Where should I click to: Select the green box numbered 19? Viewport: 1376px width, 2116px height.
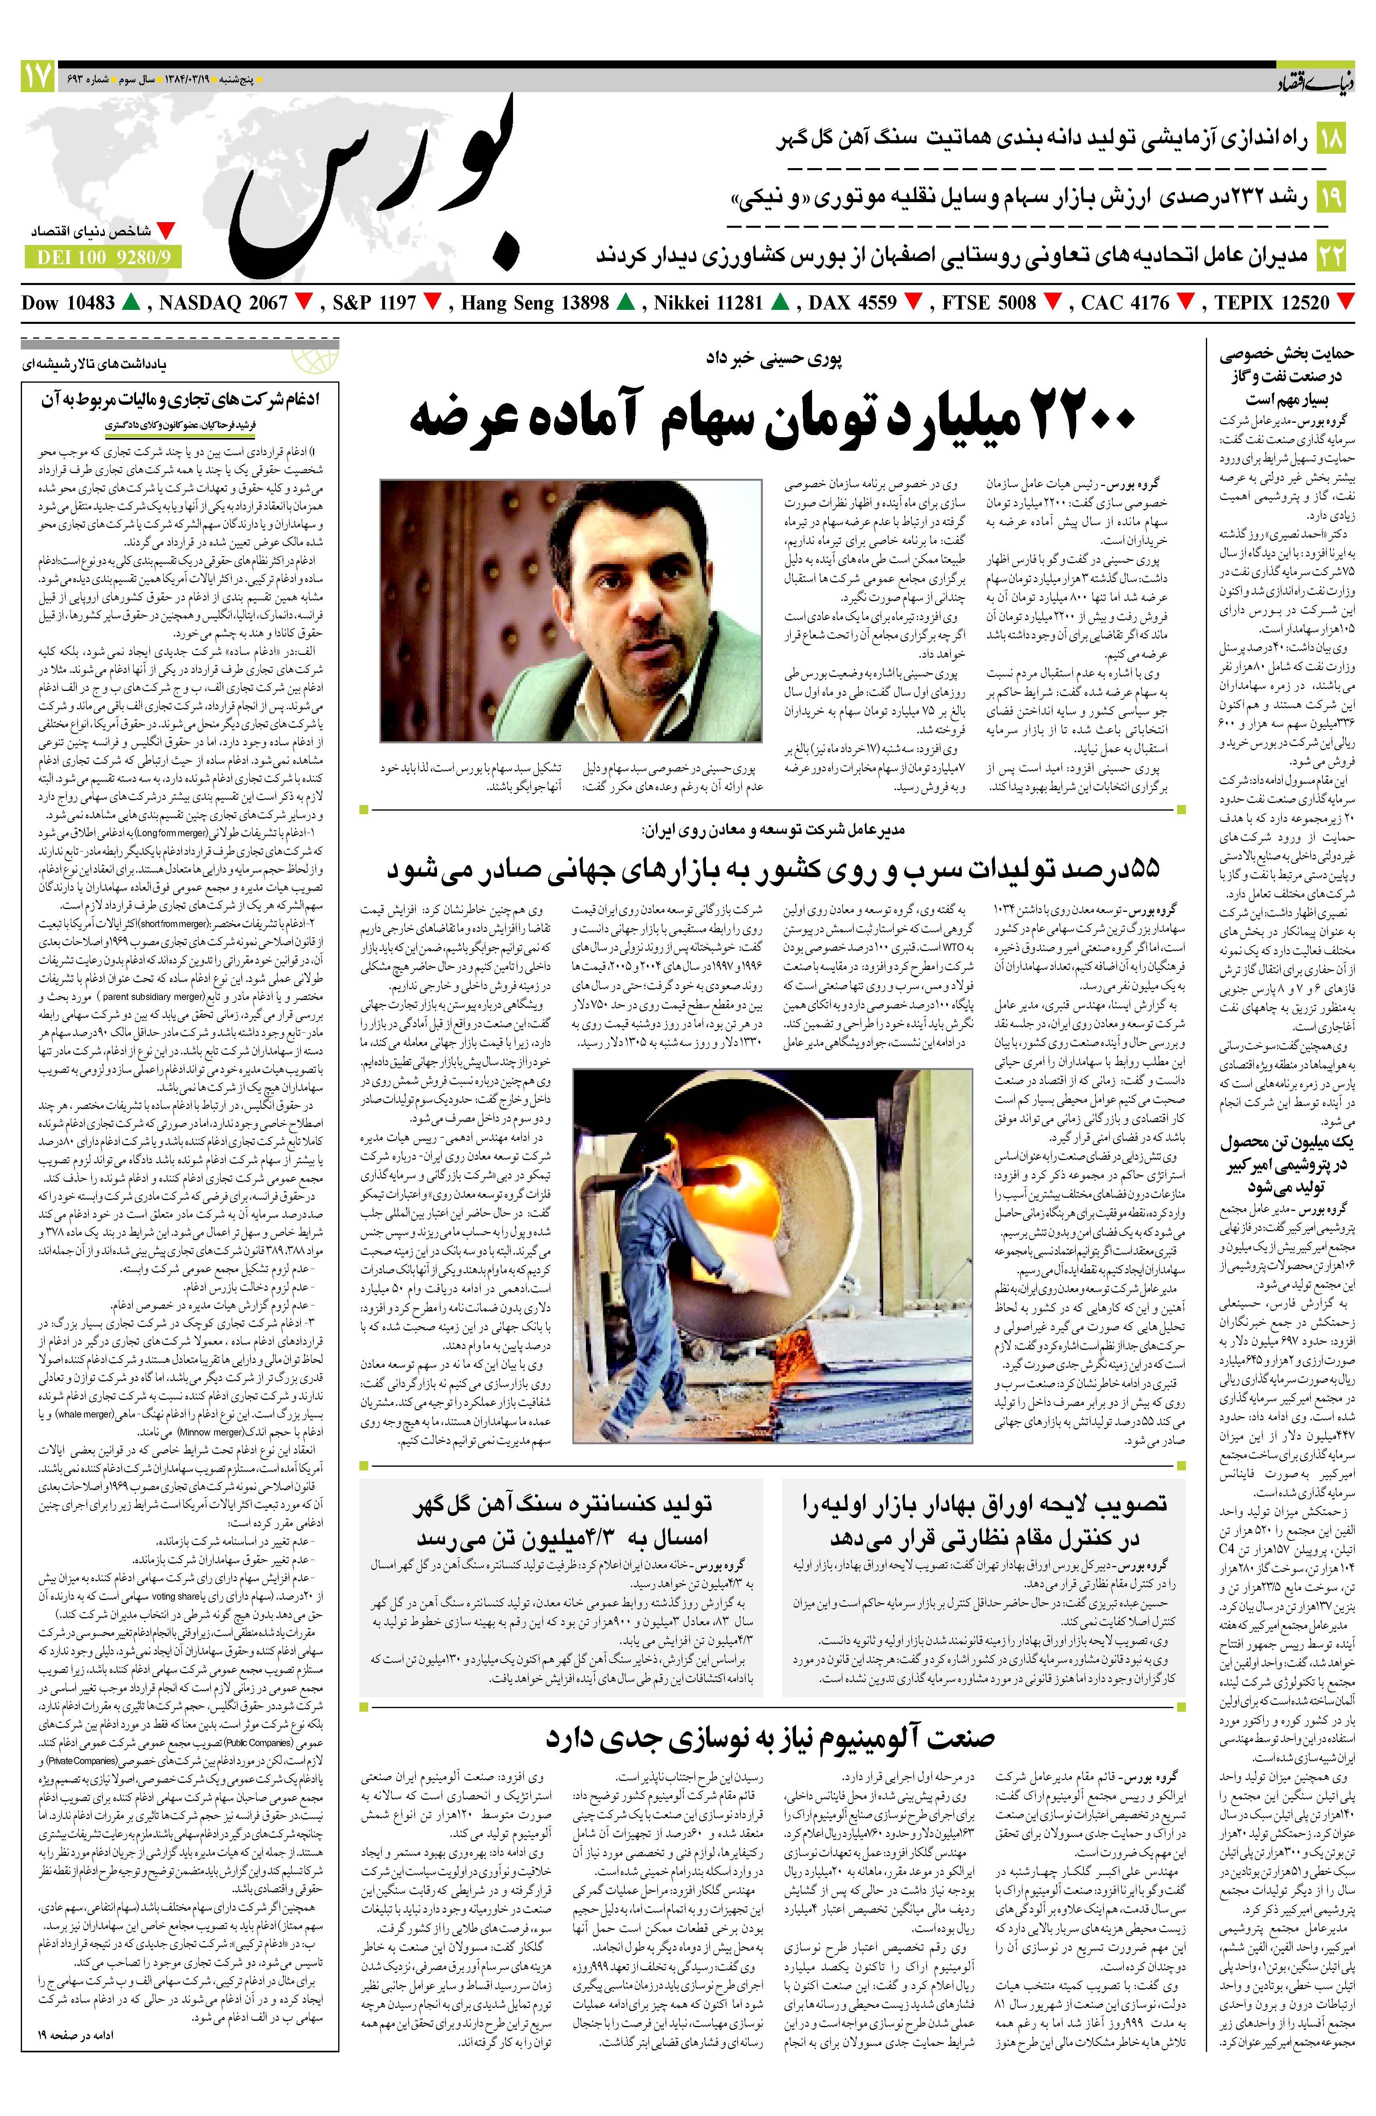click(x=1331, y=196)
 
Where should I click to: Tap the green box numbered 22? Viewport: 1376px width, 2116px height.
click(x=1331, y=255)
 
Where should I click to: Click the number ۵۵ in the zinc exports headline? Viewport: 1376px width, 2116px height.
click(x=1138, y=868)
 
